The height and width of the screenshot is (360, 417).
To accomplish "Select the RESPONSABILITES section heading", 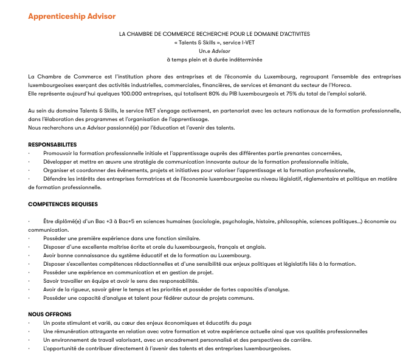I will click(x=52, y=145).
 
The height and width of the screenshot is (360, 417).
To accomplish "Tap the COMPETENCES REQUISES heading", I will click(x=63, y=204).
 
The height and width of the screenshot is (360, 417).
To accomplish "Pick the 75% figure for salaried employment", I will click(x=315, y=94).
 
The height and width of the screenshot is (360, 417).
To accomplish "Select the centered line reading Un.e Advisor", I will click(x=208, y=52).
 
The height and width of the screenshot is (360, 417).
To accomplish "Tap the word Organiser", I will click(x=57, y=171).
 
